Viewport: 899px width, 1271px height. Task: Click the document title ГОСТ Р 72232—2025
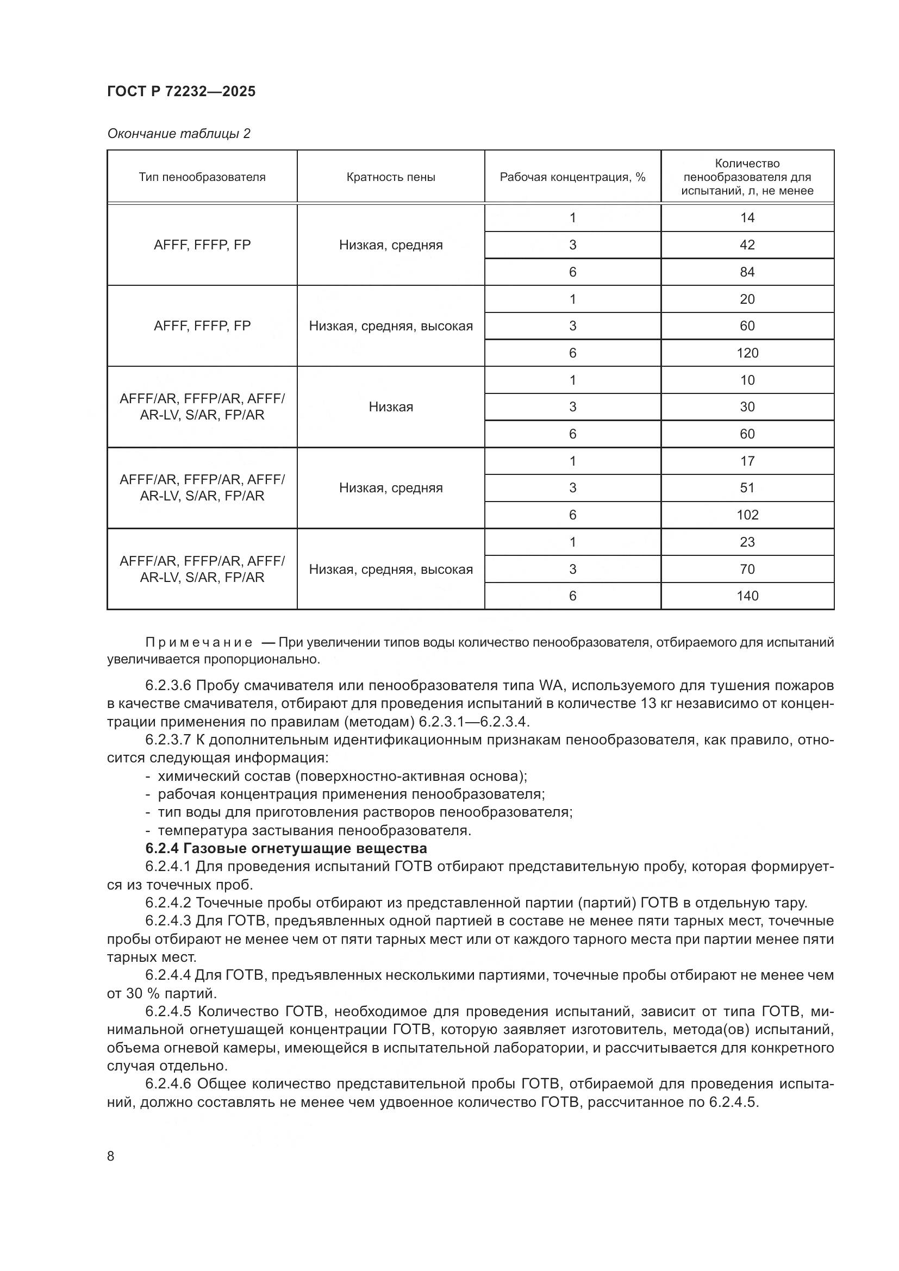[x=181, y=91]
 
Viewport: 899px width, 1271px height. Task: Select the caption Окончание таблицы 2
[x=178, y=134]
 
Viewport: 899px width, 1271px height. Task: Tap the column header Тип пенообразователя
[x=202, y=177]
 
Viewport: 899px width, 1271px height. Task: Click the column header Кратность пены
[x=391, y=177]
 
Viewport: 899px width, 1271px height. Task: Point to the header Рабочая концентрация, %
[x=572, y=177]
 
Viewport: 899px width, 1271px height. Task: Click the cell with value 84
[x=747, y=272]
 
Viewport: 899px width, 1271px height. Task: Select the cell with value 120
[x=747, y=353]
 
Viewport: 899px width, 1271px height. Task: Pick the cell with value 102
[x=747, y=515]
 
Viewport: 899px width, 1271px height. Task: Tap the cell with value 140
[x=747, y=596]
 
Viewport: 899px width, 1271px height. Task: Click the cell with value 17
[x=747, y=461]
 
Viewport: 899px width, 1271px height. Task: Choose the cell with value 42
[x=747, y=245]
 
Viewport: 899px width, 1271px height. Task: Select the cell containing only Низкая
[x=391, y=407]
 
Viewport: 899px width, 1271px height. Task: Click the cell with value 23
[x=747, y=542]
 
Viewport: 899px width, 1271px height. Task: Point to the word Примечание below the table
[x=199, y=643]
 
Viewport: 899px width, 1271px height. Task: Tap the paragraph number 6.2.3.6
[x=168, y=686]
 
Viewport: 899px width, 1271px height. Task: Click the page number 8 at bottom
[x=111, y=1156]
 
